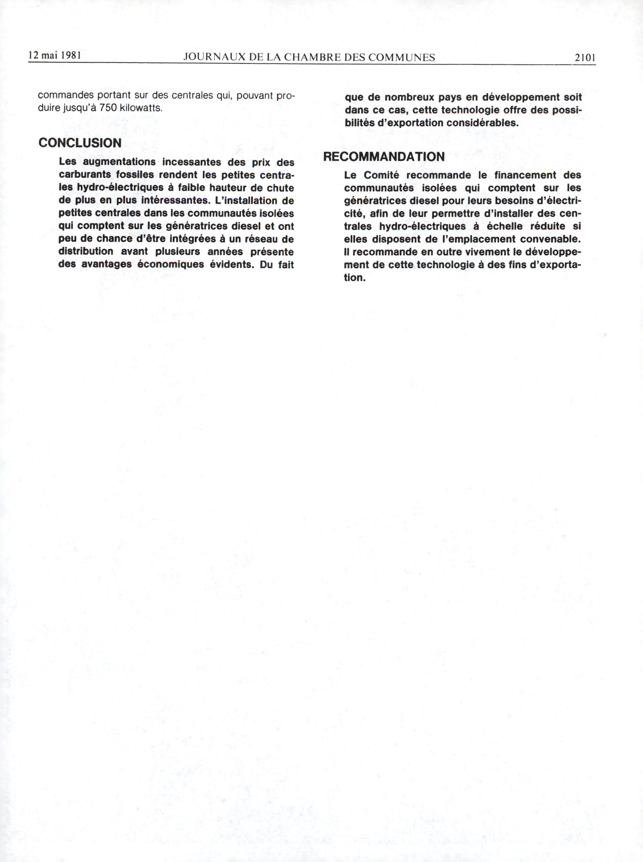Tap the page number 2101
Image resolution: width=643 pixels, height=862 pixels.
point(585,58)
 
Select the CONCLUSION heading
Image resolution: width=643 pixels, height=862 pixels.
point(80,143)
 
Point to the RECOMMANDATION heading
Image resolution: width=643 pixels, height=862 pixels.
point(384,157)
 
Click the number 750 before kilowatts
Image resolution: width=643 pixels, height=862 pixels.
point(108,108)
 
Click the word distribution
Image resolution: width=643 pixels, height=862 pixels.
point(86,251)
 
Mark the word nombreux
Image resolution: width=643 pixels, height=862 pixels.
point(409,97)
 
